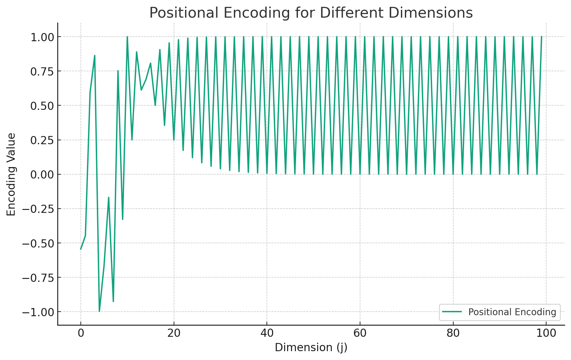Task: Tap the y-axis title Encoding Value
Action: [x=11, y=174]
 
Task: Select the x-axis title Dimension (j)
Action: [x=311, y=347]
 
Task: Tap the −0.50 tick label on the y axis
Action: [x=38, y=243]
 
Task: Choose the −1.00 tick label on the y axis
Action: [x=38, y=312]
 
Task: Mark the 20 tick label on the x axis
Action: [x=174, y=333]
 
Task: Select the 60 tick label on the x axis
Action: [x=360, y=333]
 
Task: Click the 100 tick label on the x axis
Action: [x=546, y=333]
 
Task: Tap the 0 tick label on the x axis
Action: [x=81, y=333]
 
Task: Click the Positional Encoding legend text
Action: [x=512, y=312]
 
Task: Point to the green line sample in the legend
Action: [x=452, y=312]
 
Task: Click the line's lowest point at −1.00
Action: [x=99, y=311]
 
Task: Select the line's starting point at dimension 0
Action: [x=81, y=249]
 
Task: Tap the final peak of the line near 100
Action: [x=541, y=37]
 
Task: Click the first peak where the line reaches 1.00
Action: [x=127, y=37]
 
